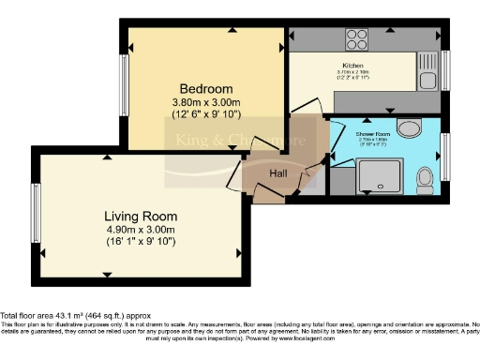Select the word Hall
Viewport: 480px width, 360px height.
(x=279, y=173)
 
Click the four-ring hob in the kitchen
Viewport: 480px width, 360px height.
(x=357, y=39)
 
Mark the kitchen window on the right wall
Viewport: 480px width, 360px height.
(x=446, y=70)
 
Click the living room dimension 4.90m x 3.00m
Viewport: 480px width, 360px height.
(x=140, y=229)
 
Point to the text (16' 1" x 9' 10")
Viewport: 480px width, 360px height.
(x=140, y=242)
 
